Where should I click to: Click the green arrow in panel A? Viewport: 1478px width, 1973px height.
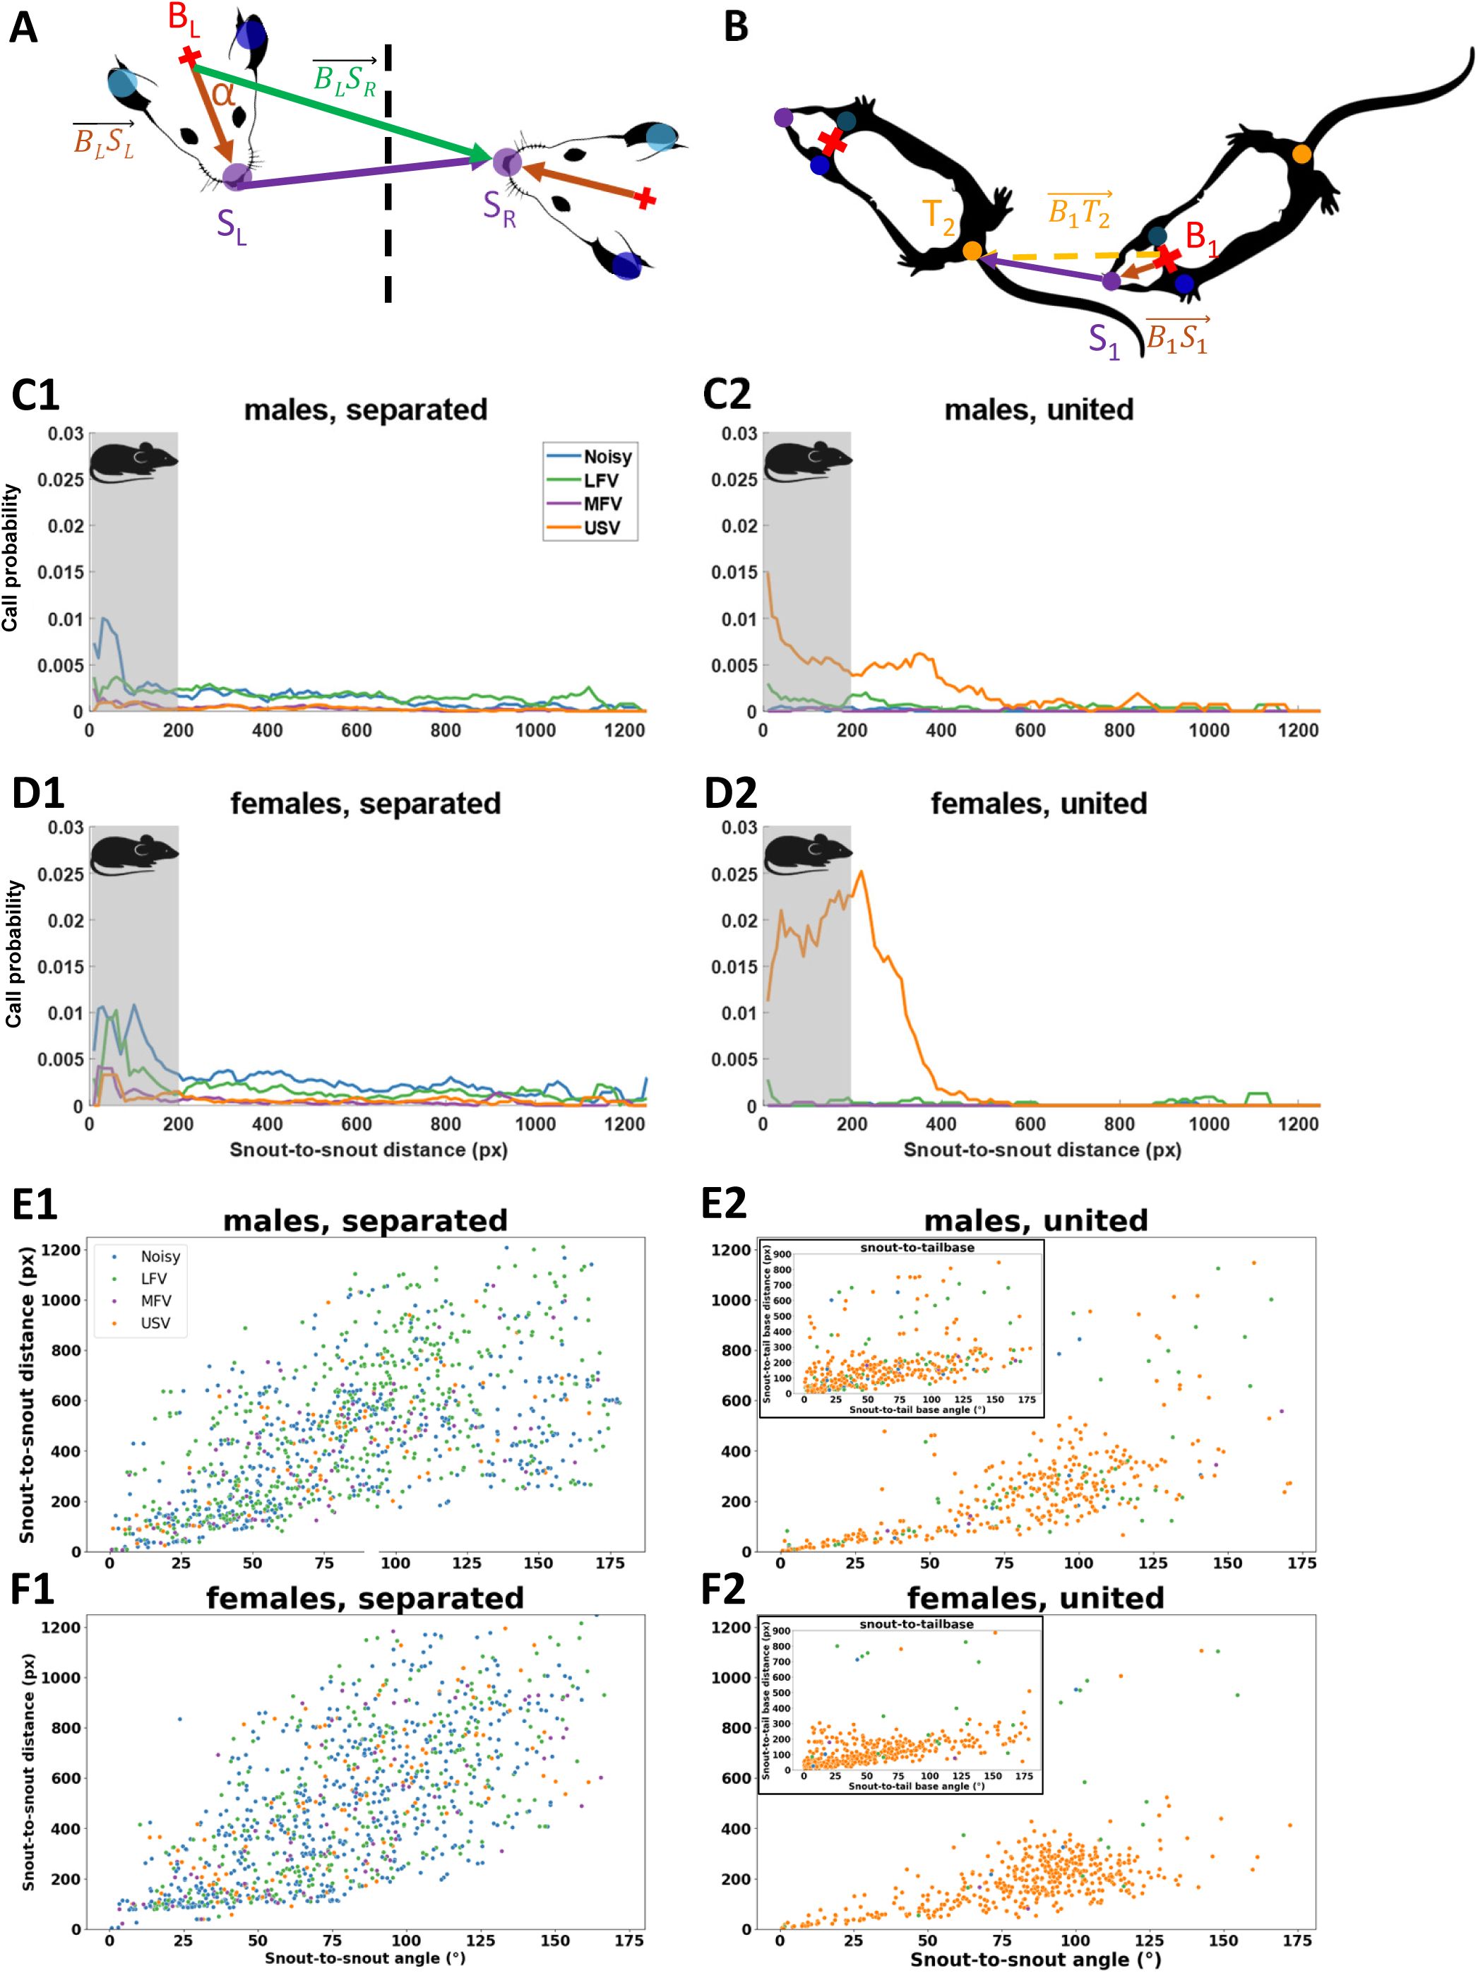(339, 112)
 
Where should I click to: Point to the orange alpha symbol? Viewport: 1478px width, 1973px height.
(223, 92)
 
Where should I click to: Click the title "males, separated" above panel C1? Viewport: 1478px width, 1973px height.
(366, 410)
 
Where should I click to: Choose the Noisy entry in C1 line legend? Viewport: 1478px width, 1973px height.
(607, 457)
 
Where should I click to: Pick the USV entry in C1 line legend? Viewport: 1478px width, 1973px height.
(602, 527)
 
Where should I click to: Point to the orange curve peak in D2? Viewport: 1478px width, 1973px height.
(861, 871)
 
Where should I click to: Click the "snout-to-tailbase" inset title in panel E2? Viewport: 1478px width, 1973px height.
(917, 1247)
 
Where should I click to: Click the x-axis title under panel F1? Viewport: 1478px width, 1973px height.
(365, 1958)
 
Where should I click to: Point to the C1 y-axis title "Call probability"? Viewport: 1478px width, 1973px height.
(11, 557)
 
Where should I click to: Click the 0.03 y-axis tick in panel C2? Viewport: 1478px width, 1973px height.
(739, 434)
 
